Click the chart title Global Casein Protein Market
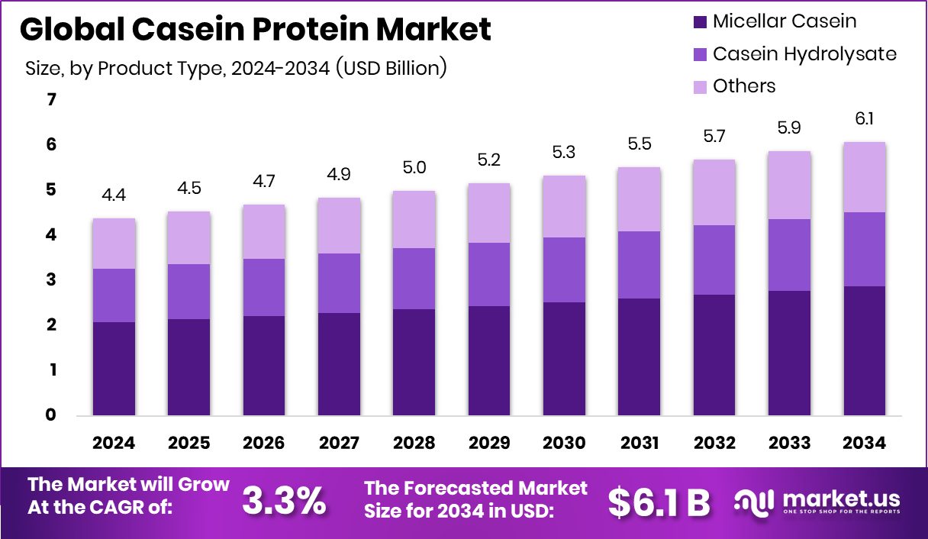click(255, 31)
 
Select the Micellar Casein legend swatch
click(700, 22)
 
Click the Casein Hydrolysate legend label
click(804, 54)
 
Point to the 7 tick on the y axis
click(51, 100)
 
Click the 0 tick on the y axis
click(51, 415)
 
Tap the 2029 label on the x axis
click(489, 444)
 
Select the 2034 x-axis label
click(864, 444)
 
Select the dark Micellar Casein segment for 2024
click(114, 369)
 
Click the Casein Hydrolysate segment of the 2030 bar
click(564, 269)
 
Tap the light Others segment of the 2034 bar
click(864, 177)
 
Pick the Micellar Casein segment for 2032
click(714, 355)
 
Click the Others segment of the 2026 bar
click(264, 231)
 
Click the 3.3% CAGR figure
click(283, 500)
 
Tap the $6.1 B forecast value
click(659, 502)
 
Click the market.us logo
click(817, 502)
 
